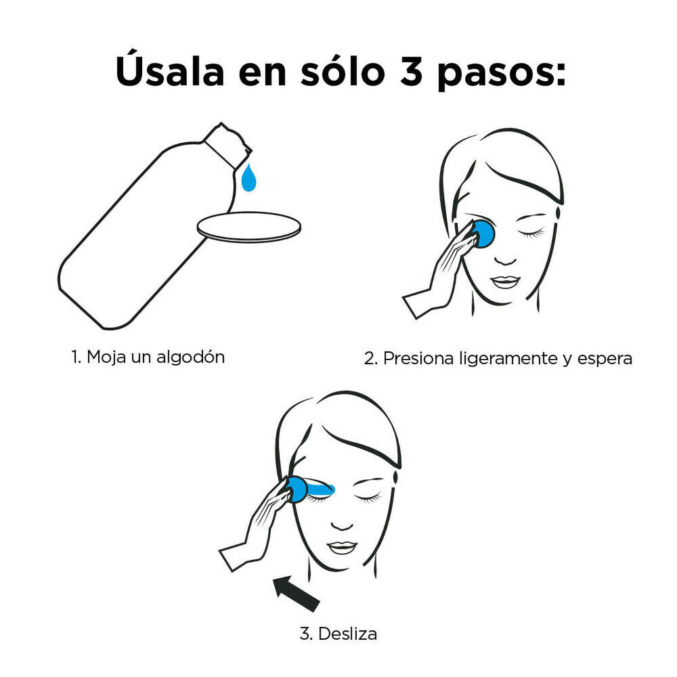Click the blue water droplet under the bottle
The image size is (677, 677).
249,178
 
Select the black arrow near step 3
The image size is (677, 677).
296,592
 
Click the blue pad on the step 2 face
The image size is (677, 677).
483,234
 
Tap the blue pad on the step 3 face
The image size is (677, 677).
298,489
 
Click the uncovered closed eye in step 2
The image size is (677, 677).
531,233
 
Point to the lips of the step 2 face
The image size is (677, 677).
504,281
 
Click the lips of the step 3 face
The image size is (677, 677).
342,546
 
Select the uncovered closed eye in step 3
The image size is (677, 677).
370,498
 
